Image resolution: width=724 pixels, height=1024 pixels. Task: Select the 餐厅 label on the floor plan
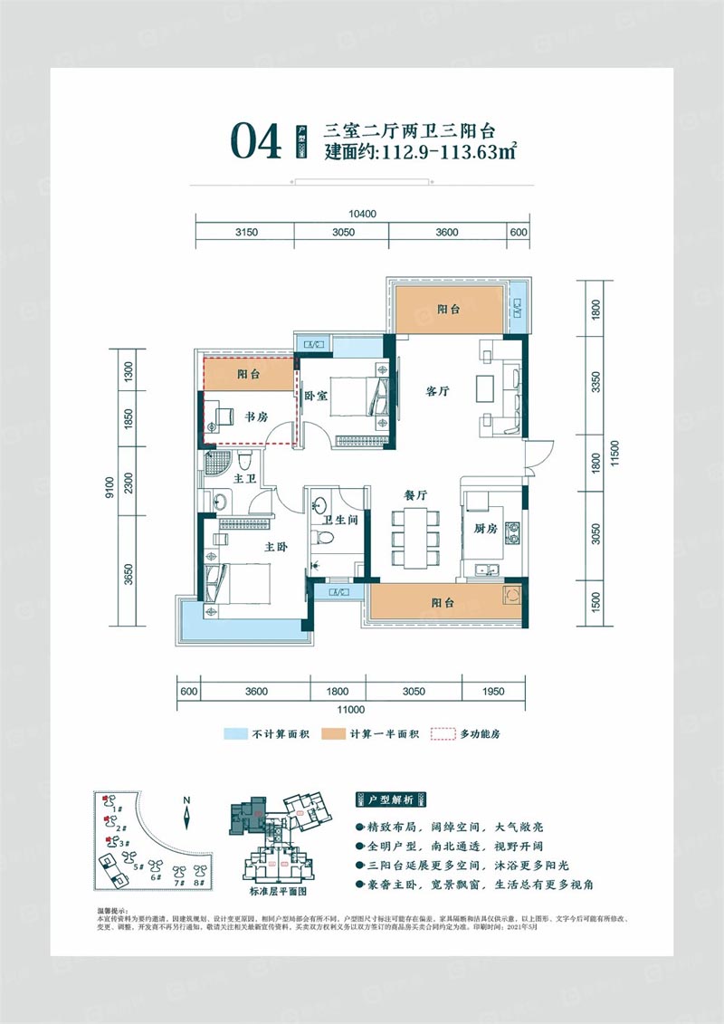(x=415, y=495)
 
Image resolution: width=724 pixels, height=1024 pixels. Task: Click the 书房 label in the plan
(x=255, y=416)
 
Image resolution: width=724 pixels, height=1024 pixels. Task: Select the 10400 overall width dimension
(x=362, y=215)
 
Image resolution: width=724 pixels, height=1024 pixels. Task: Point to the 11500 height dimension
(x=614, y=452)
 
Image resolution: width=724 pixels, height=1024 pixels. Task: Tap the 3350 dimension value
(x=594, y=382)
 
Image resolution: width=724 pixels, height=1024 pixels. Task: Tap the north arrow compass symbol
(x=186, y=812)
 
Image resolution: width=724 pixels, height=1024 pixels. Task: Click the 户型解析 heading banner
(x=391, y=800)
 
